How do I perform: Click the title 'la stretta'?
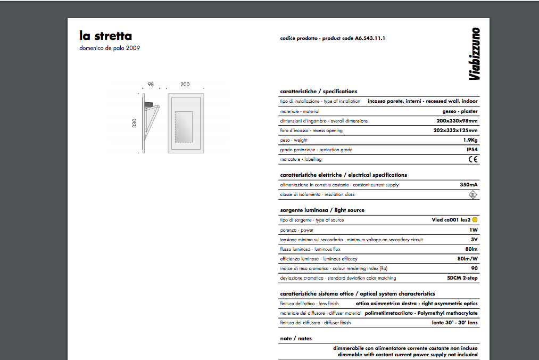point(105,36)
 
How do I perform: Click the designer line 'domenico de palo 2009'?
point(110,48)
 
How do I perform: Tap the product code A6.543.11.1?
point(370,38)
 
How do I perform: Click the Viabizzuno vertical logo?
point(475,54)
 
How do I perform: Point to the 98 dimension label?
point(151,85)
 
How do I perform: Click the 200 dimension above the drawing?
point(185,85)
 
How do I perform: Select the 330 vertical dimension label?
point(135,123)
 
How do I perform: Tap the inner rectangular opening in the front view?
point(184,127)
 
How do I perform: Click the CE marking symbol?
point(472,159)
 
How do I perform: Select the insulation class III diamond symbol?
point(472,194)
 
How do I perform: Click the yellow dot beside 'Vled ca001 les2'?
point(475,220)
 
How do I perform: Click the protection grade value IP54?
point(471,150)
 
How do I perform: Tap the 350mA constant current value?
point(468,185)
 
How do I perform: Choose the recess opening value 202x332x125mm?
point(455,130)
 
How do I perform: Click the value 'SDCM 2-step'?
point(462,278)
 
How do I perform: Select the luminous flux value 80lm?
point(471,249)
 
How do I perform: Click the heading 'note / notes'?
point(296,338)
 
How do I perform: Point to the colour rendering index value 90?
point(474,268)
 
